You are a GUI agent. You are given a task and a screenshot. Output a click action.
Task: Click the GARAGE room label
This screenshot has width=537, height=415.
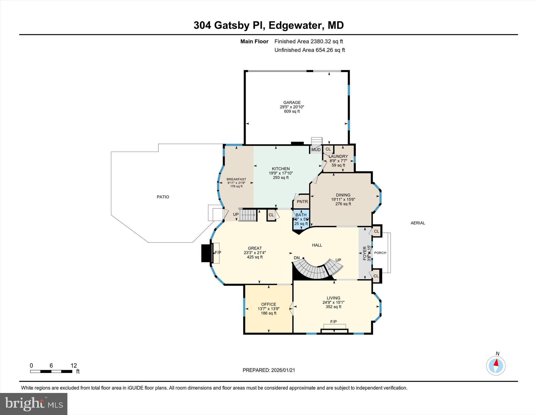point(292,103)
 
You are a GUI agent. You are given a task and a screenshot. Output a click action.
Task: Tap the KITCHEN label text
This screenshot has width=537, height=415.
point(281,169)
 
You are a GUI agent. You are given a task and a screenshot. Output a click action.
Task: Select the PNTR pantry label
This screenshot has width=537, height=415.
point(302,202)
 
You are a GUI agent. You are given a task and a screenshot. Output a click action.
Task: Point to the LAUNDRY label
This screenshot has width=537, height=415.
point(338,157)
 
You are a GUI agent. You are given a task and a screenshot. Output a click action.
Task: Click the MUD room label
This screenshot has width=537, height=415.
point(316,150)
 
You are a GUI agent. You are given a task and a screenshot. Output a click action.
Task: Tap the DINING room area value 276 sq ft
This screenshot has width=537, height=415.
point(343,204)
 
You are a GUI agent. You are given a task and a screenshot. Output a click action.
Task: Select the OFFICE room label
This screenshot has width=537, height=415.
point(268,304)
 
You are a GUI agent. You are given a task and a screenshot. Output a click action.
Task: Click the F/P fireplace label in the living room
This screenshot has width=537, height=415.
point(333,322)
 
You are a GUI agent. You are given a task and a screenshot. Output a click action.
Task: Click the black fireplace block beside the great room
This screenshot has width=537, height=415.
point(206,253)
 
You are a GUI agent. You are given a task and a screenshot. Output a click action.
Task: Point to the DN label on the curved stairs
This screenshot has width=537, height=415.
point(297,258)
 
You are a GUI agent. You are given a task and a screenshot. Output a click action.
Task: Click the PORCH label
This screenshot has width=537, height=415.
point(380,253)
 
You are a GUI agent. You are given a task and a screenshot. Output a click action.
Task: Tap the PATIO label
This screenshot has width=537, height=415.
point(163,197)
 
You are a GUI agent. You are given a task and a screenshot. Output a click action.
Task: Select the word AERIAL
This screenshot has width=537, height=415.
point(418,223)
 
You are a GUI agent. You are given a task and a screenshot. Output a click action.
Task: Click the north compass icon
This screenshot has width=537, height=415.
point(496,366)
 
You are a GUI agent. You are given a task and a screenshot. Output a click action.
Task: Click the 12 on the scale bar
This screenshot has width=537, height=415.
point(74,365)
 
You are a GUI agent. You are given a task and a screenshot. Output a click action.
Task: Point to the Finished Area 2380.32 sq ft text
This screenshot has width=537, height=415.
point(308,41)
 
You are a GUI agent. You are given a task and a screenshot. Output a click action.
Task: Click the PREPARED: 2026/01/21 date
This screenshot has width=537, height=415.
point(269,370)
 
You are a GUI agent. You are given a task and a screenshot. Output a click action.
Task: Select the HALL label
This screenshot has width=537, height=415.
point(317,245)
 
